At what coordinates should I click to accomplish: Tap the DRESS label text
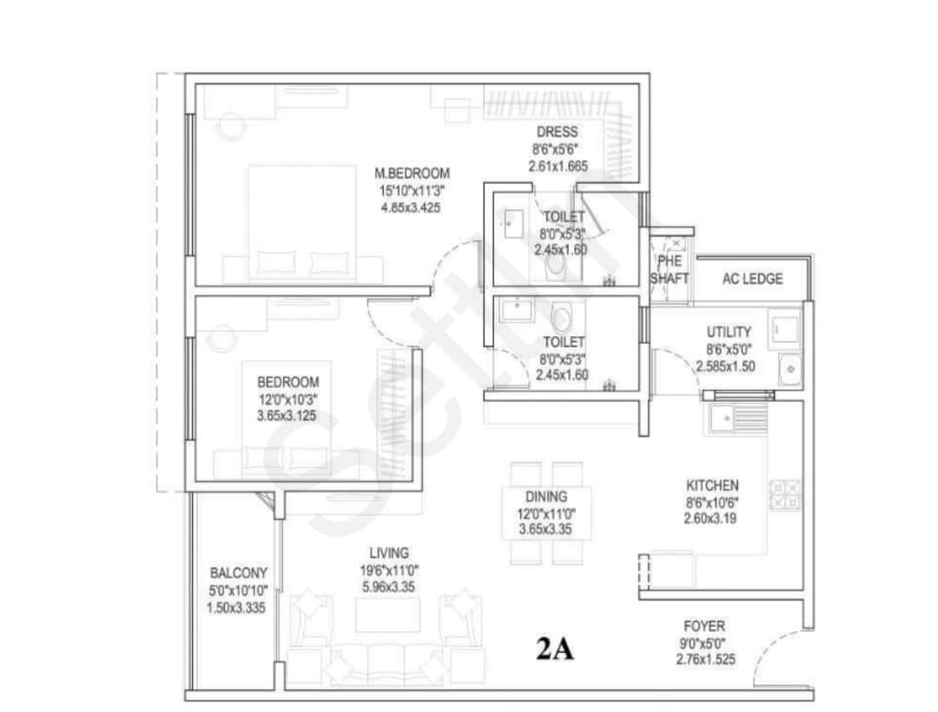[x=556, y=132]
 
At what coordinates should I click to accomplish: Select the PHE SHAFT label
[x=670, y=270]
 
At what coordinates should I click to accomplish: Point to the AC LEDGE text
[x=752, y=279]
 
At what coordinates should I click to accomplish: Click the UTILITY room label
[x=729, y=332]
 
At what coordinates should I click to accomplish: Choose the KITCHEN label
[x=712, y=485]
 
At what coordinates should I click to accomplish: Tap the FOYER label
[x=704, y=626]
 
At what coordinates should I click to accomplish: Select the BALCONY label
[x=239, y=573]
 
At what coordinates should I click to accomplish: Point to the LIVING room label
[x=388, y=552]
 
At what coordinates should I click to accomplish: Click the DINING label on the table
[x=545, y=497]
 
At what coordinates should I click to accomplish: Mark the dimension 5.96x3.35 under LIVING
[x=388, y=587]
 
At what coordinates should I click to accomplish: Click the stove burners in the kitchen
[x=785, y=495]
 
